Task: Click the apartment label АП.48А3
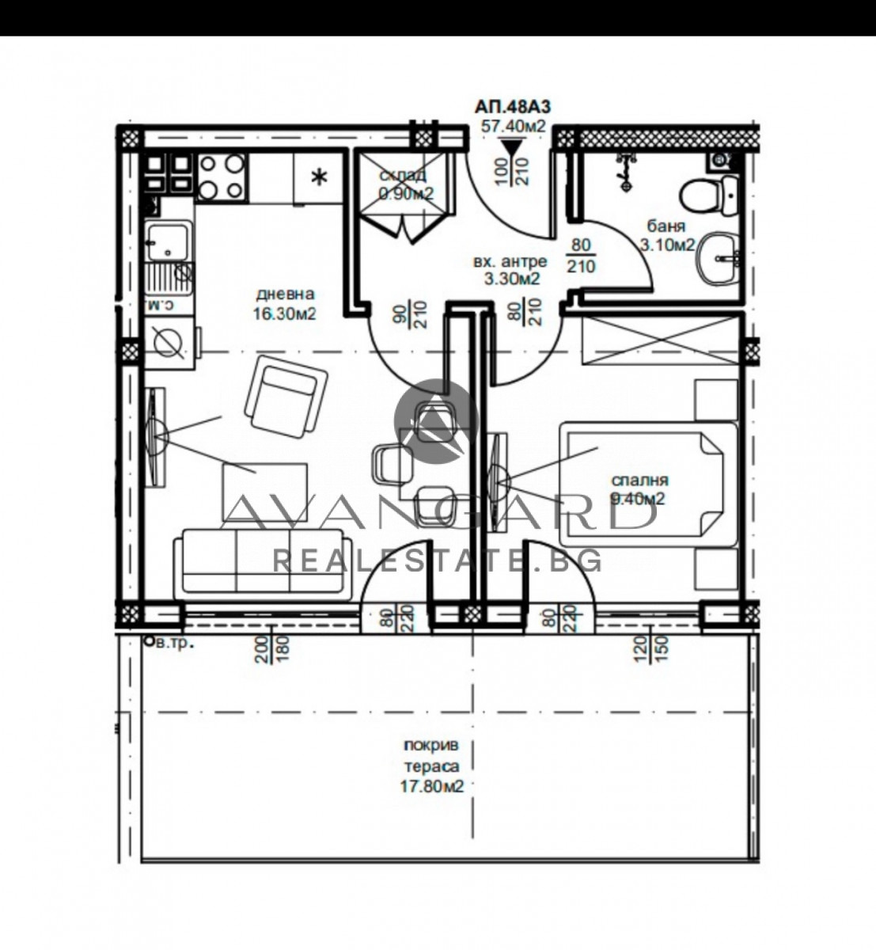(x=514, y=106)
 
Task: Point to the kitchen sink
(x=168, y=239)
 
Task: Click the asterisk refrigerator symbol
(x=319, y=177)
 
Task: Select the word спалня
(x=639, y=481)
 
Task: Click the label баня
(x=662, y=227)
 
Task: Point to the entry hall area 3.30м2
(x=513, y=278)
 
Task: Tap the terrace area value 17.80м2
(x=430, y=786)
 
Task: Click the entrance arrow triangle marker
(x=513, y=148)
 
